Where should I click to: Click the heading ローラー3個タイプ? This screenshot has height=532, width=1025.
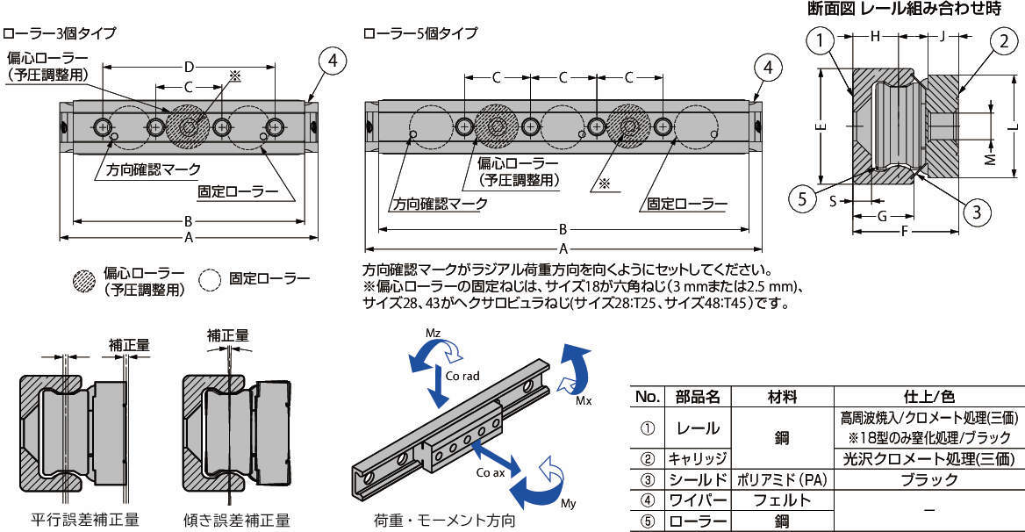tap(60, 32)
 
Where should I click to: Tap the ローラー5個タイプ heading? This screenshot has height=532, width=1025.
tap(420, 32)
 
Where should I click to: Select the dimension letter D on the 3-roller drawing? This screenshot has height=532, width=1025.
tap(189, 67)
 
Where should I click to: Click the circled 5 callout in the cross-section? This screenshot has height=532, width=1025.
tap(802, 198)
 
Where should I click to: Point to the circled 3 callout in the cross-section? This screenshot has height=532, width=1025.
tap(977, 212)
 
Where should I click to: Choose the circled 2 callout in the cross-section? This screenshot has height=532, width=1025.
tap(1004, 41)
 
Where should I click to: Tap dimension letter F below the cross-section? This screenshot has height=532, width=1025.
tap(905, 231)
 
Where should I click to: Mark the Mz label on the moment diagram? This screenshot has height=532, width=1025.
tap(434, 334)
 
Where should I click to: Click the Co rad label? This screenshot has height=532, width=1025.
tap(462, 376)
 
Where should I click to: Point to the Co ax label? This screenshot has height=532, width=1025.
tap(491, 472)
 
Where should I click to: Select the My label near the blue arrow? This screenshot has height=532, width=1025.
tap(569, 503)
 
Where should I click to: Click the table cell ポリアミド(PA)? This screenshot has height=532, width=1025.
tap(782, 480)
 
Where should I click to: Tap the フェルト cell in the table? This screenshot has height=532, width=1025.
tap(782, 500)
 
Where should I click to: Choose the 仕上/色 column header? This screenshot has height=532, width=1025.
tap(928, 397)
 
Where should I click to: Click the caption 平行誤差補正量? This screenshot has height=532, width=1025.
tap(85, 521)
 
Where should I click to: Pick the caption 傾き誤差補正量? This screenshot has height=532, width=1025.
tap(237, 521)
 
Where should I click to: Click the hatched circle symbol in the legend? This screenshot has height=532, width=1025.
tap(83, 280)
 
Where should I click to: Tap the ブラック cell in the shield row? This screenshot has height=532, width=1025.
tap(928, 480)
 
